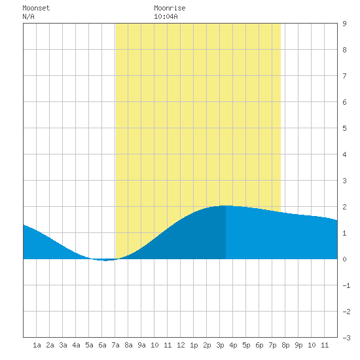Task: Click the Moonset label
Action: coord(36,8)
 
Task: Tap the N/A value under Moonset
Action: coord(28,16)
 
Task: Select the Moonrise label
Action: coord(170,8)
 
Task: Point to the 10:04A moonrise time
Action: coord(166,16)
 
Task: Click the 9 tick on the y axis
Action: coord(344,24)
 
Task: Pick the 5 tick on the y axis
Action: coord(344,128)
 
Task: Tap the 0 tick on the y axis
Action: coord(344,259)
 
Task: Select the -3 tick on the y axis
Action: coord(346,338)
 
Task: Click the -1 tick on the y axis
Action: coord(346,285)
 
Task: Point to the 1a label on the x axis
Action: coord(37,345)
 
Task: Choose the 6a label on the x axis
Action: coord(102,345)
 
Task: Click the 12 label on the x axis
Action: coord(181,345)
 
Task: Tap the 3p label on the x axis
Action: coord(220,345)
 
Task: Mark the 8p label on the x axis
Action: coord(285,345)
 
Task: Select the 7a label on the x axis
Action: coord(115,345)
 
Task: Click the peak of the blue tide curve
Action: coord(225,206)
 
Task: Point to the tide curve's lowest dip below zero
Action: coord(105,261)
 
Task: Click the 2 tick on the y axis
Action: coord(344,207)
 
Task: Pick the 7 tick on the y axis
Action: coord(344,76)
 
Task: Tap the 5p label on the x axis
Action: coord(246,345)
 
